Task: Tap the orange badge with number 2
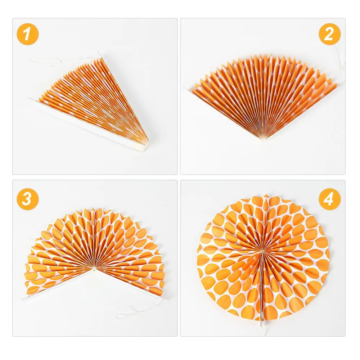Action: (329, 35)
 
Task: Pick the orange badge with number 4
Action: (329, 199)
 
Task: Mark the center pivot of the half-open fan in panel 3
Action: (95, 268)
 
